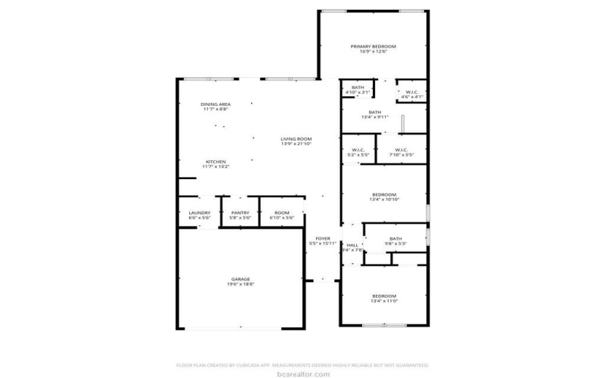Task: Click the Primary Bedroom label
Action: tap(373, 46)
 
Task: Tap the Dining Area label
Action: tap(216, 104)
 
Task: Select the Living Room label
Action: tap(296, 138)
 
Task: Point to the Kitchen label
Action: tap(216, 162)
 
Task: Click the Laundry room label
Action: tap(200, 213)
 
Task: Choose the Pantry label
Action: tap(240, 213)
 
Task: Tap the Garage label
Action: tap(241, 279)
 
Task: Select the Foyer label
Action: tap(324, 238)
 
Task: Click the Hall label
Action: tap(352, 245)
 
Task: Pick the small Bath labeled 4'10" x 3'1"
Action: tap(358, 88)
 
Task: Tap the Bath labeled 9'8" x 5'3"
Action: tap(396, 238)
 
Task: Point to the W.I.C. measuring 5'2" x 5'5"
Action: tap(358, 150)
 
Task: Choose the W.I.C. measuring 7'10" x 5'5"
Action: tap(401, 150)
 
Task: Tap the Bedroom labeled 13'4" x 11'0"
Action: tap(383, 296)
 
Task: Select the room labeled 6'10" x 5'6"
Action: tap(281, 213)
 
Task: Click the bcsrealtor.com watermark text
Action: tap(302, 373)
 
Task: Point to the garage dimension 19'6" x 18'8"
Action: tap(241, 284)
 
